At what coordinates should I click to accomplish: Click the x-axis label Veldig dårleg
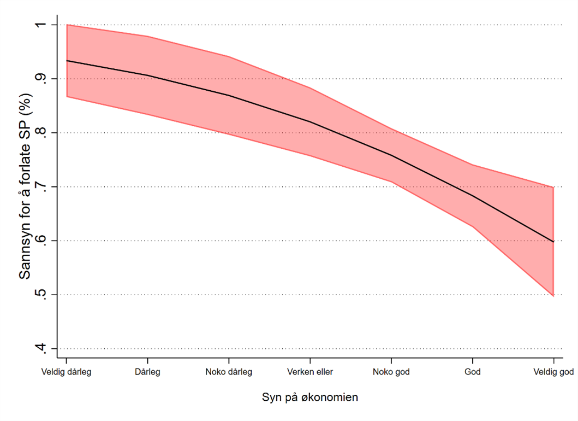coord(66,373)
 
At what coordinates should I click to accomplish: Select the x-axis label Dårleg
coord(147,373)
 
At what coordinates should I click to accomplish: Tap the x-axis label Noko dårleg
coord(229,373)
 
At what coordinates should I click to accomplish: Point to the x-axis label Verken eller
coord(310,373)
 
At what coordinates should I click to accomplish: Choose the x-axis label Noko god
coord(391,373)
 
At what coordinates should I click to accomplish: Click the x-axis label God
coord(473,373)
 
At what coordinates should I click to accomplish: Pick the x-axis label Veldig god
coord(553,373)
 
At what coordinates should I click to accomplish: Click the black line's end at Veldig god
coord(554,242)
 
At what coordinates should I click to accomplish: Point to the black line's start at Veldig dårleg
coord(66,61)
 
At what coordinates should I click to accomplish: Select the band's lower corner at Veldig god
coord(554,296)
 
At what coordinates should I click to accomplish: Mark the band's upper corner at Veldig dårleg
coord(66,25)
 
